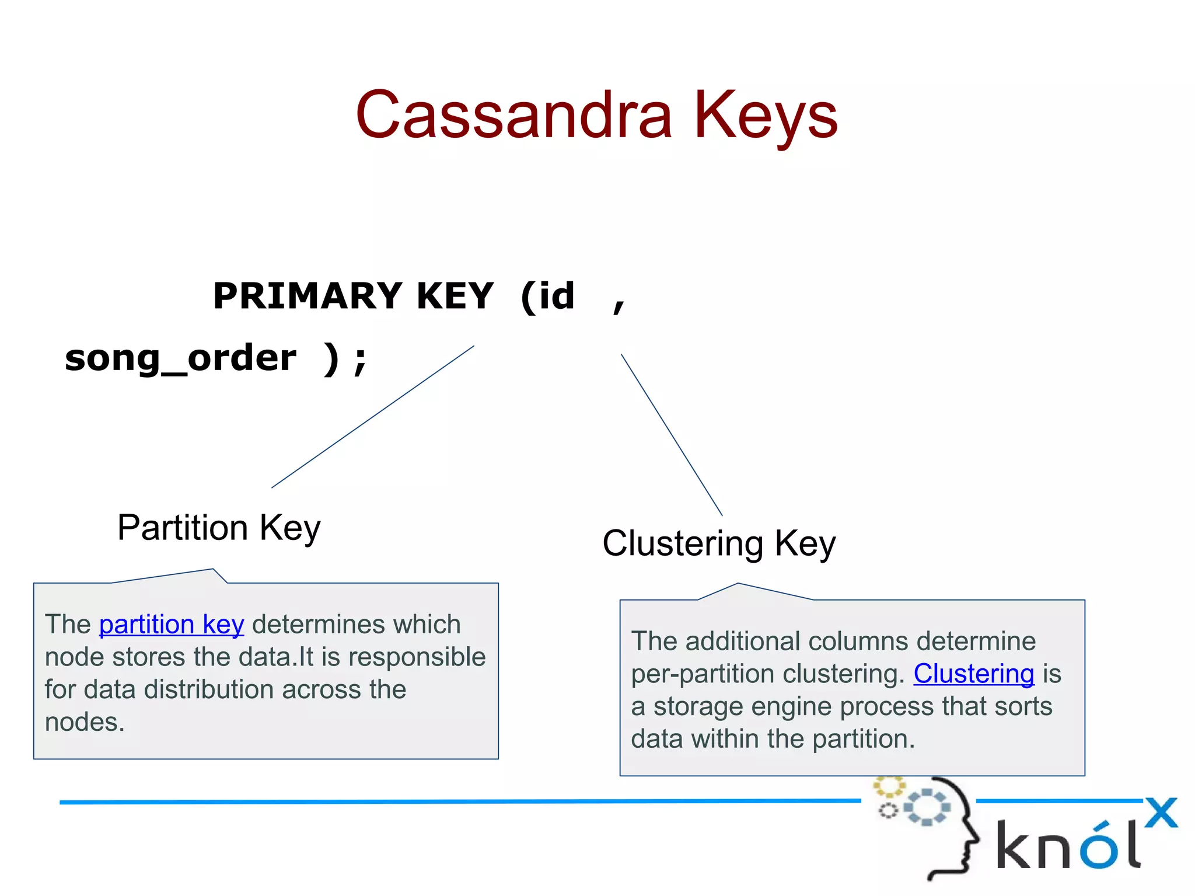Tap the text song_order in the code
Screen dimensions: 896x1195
click(x=180, y=358)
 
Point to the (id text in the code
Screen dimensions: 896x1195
click(x=547, y=296)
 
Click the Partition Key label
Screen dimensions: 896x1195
click(x=219, y=528)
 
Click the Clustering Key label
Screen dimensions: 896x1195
click(x=719, y=543)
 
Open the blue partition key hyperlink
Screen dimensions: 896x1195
click(x=172, y=625)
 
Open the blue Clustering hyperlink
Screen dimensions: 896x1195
click(x=973, y=674)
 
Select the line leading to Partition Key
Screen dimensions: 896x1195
click(x=373, y=416)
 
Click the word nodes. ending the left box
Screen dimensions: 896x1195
click(x=85, y=722)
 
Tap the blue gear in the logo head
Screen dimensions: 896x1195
click(x=927, y=808)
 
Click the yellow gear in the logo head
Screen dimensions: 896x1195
click(x=888, y=786)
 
